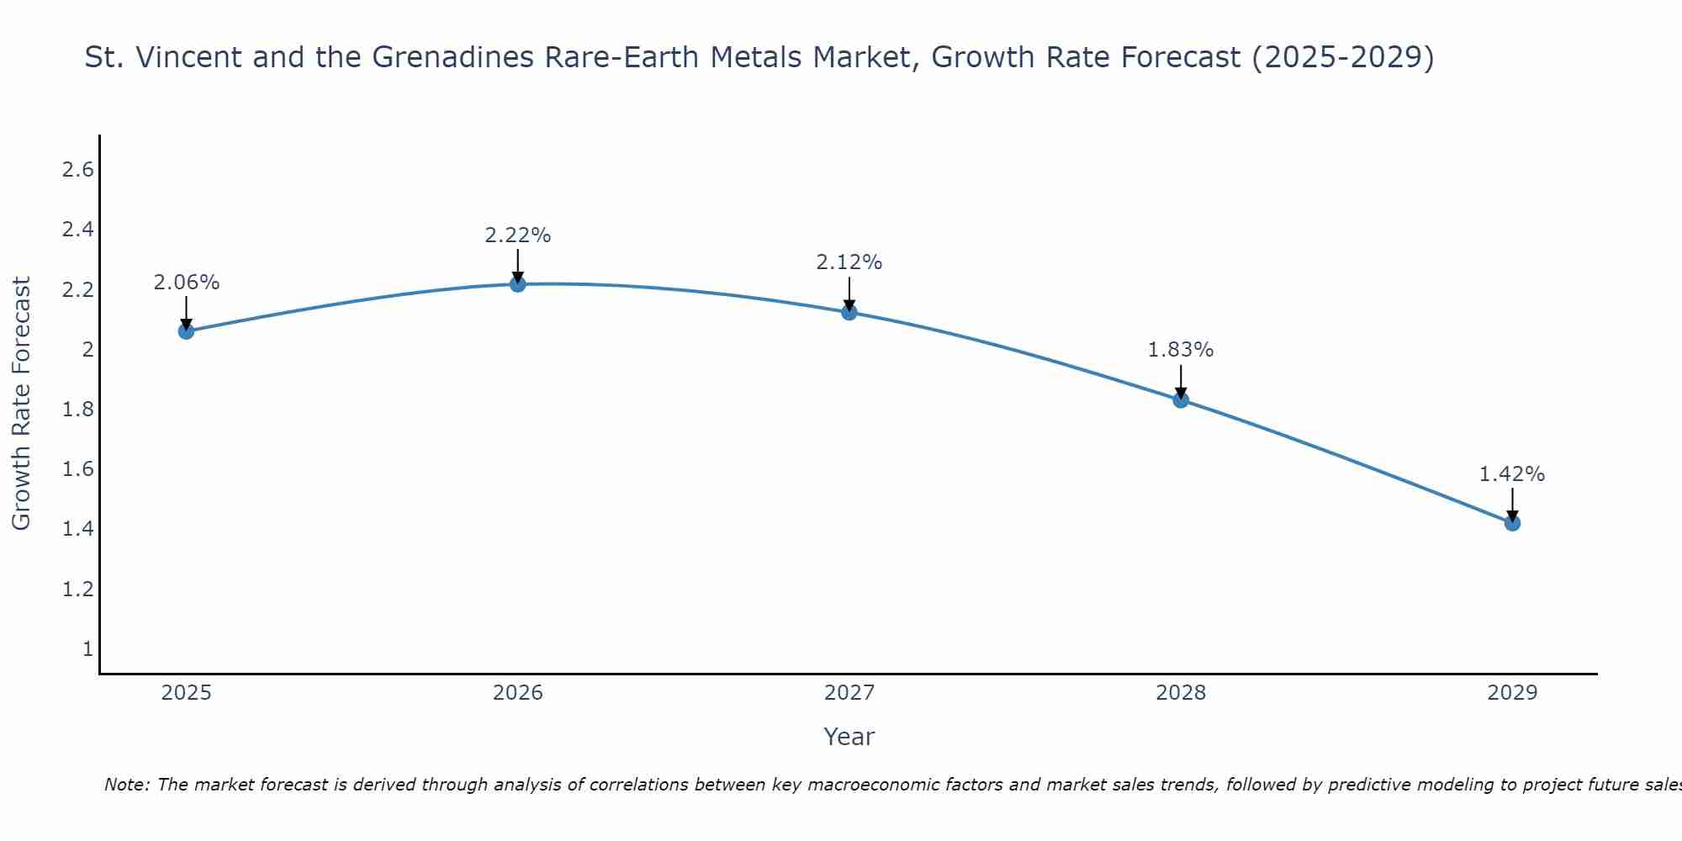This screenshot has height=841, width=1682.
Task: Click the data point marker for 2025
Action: coord(186,331)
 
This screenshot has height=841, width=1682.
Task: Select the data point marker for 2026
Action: coord(518,284)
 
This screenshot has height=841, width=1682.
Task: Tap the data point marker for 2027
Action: coord(849,313)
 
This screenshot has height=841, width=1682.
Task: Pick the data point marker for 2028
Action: coord(1181,400)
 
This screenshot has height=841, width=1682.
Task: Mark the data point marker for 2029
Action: coord(1512,523)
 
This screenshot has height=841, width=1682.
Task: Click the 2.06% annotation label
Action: coord(186,283)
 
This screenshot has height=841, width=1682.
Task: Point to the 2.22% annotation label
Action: coord(518,235)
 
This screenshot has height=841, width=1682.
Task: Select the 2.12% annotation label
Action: coord(849,262)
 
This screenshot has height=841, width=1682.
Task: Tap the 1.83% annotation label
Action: coord(1181,350)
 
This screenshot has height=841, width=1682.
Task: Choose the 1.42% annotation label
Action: coord(1512,474)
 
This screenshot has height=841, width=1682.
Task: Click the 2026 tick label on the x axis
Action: coord(518,693)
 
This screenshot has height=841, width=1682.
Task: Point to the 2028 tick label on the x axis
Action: coord(1181,693)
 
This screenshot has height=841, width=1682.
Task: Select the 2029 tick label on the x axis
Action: coord(1512,693)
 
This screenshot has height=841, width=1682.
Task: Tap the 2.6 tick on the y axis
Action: coord(77,170)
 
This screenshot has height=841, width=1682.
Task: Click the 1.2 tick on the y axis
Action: coord(77,589)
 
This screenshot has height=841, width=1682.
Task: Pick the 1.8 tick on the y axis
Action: coord(77,410)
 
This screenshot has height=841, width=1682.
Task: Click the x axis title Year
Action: coord(849,737)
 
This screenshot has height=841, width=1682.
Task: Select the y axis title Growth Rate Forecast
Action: coord(21,404)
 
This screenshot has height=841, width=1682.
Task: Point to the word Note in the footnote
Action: coord(126,785)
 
